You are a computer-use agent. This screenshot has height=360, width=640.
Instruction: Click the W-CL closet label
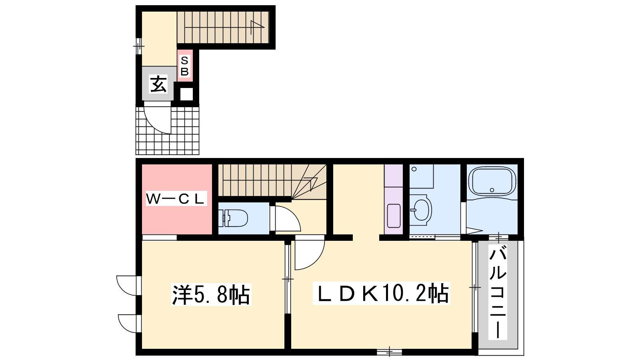pyautogui.click(x=176, y=198)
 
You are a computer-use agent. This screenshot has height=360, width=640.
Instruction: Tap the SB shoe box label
pyautogui.click(x=184, y=66)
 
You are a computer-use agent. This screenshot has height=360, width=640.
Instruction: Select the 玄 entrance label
pyautogui.click(x=158, y=84)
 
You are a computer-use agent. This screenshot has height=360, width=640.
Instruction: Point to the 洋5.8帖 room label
pyautogui.click(x=211, y=294)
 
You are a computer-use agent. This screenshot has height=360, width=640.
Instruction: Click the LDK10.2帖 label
pyautogui.click(x=382, y=293)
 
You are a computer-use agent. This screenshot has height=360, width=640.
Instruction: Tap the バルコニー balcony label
pyautogui.click(x=498, y=292)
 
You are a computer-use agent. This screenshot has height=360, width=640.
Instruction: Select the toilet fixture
pyautogui.click(x=233, y=218)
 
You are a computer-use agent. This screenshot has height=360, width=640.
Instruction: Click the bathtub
pyautogui.click(x=492, y=182)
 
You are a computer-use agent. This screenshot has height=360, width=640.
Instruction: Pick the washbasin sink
pyautogui.click(x=420, y=210)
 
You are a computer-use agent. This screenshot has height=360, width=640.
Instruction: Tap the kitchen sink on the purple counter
pyautogui.click(x=394, y=216)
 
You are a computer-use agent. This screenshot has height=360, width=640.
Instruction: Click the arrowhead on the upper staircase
pyautogui.click(x=257, y=24)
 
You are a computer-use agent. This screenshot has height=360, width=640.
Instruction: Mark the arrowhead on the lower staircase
pyautogui.click(x=312, y=183)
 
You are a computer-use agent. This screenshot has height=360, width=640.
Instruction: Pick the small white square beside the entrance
pyautogui.click(x=186, y=94)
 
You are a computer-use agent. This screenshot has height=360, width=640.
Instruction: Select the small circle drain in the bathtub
pyautogui.click(x=492, y=190)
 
